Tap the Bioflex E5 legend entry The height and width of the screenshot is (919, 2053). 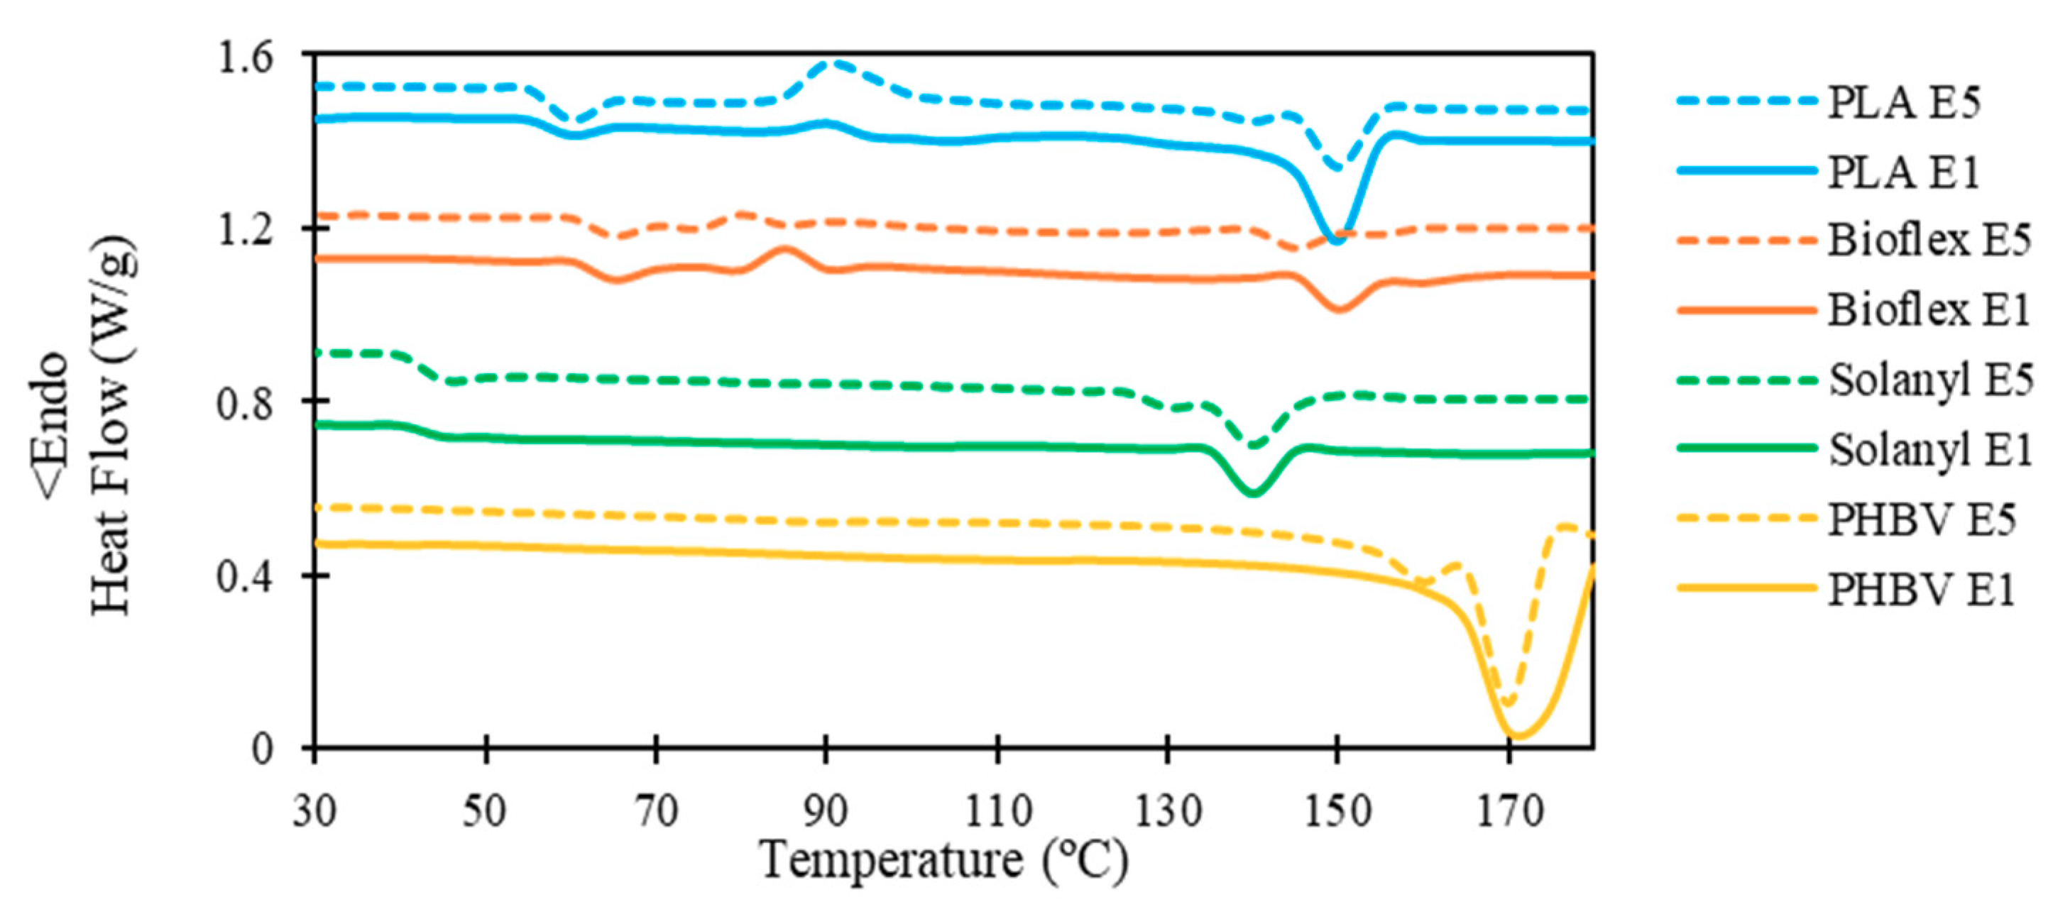pyautogui.click(x=1929, y=240)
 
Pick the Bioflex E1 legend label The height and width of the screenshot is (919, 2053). pyautogui.click(x=1929, y=309)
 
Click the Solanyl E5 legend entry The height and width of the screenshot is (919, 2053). pyautogui.click(x=1930, y=380)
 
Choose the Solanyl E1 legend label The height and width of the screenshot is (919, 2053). pyautogui.click(x=1930, y=449)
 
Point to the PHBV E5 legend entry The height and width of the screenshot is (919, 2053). pyautogui.click(x=1921, y=519)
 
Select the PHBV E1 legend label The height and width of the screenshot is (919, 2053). pyautogui.click(x=1921, y=590)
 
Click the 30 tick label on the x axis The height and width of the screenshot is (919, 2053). pyautogui.click(x=314, y=811)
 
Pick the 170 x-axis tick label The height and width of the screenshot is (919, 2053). pyautogui.click(x=1509, y=811)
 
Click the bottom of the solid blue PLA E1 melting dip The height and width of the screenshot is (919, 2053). pyautogui.click(x=1337, y=240)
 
